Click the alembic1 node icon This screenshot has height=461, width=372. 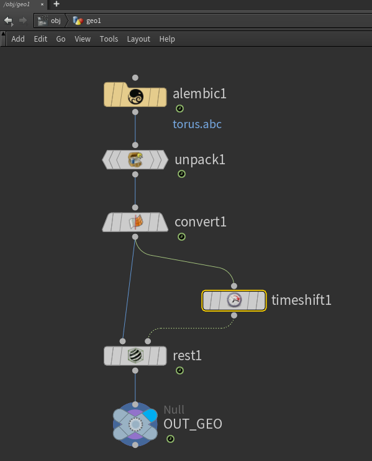coord(135,95)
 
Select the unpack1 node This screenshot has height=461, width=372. coord(135,160)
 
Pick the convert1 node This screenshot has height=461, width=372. coord(135,222)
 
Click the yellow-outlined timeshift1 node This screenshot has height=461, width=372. coord(234,300)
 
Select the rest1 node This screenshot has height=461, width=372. coord(135,356)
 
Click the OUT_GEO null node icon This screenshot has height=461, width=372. coord(135,424)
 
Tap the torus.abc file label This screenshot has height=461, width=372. coord(197,124)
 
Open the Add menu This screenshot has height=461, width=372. coord(18,39)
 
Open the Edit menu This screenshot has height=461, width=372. coord(40,39)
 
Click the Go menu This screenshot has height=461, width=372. coord(61,39)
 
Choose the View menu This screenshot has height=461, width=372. coord(83,39)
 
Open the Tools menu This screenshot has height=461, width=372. coord(109,39)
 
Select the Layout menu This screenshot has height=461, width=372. coord(138,39)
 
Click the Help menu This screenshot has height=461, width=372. coord(167,39)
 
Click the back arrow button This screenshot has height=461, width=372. coord(9,21)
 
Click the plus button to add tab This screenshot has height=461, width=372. coord(57,4)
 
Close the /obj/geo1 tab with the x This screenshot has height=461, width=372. coord(42,4)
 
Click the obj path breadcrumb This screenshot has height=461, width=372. coord(49,21)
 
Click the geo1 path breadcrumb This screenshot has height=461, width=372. coord(87,21)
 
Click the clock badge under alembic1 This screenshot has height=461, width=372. coord(179,109)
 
